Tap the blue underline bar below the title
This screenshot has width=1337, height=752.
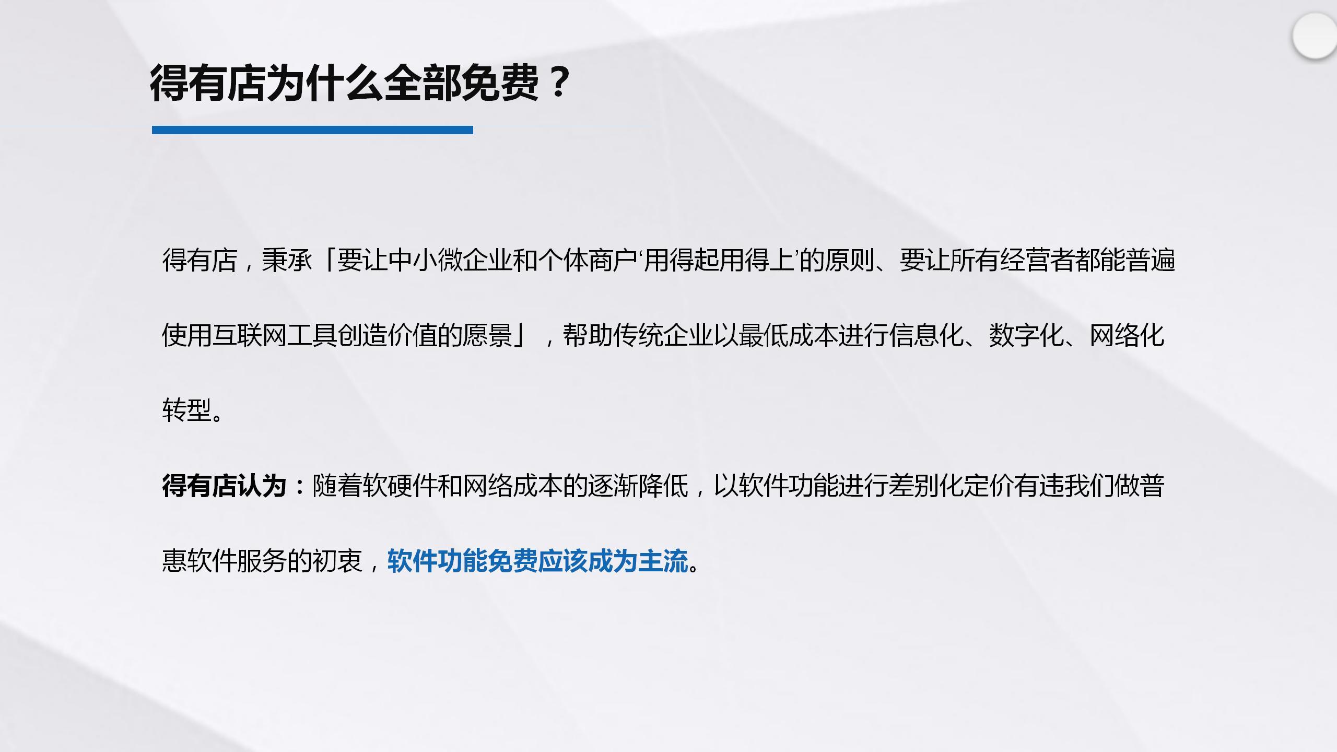coord(312,130)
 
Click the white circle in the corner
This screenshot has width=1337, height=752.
coord(1316,37)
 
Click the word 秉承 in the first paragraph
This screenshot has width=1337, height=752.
coord(287,260)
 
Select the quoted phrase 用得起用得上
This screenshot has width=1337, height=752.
coord(720,260)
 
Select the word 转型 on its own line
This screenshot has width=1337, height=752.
coord(187,410)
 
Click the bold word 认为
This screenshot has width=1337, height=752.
coord(262,486)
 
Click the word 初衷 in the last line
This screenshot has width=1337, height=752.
coord(337,561)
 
